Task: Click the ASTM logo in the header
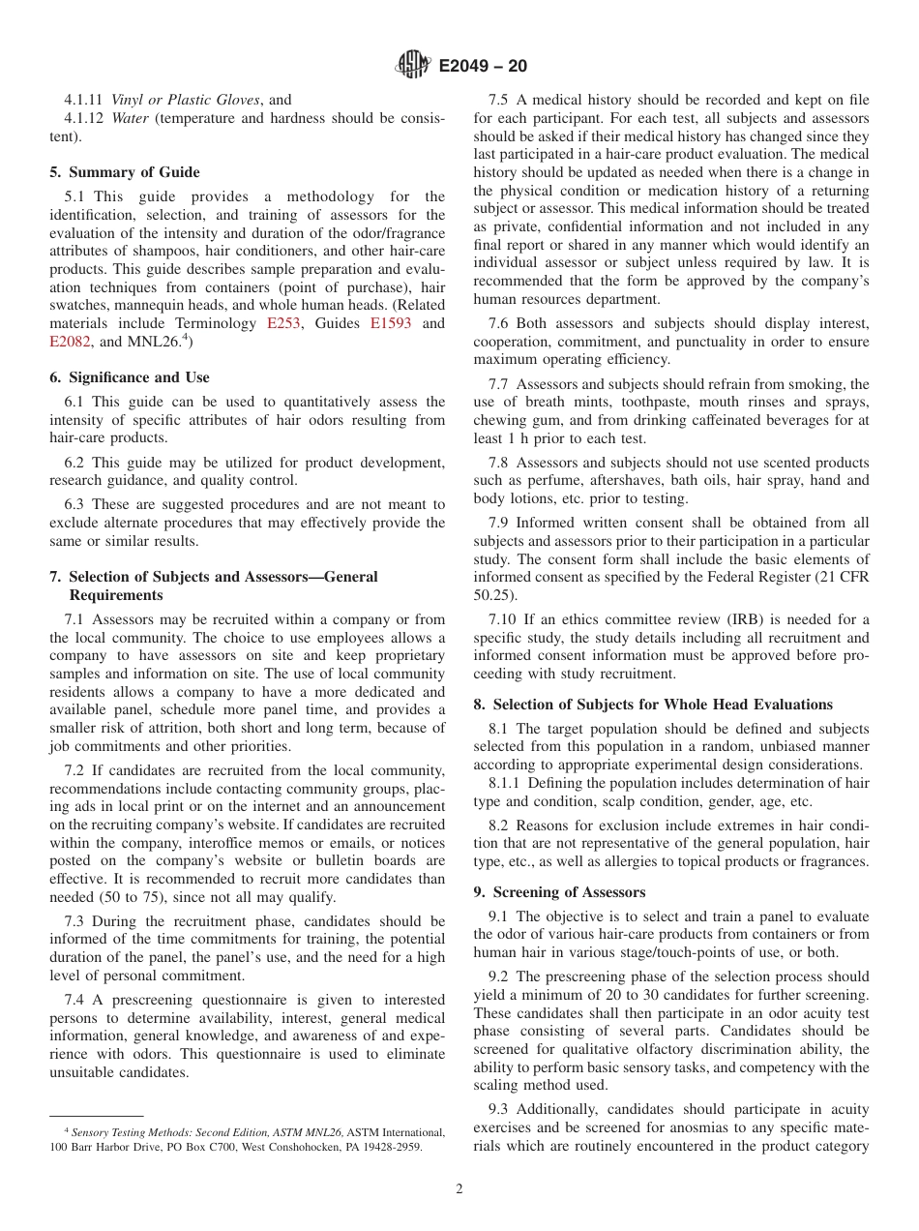point(414,66)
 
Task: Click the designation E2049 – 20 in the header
point(483,67)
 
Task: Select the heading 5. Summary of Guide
point(125,172)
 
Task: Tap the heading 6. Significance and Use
point(130,377)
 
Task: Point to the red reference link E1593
point(391,323)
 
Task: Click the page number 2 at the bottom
point(459,1189)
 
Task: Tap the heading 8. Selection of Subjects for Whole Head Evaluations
point(653,705)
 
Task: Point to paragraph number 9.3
point(502,1109)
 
